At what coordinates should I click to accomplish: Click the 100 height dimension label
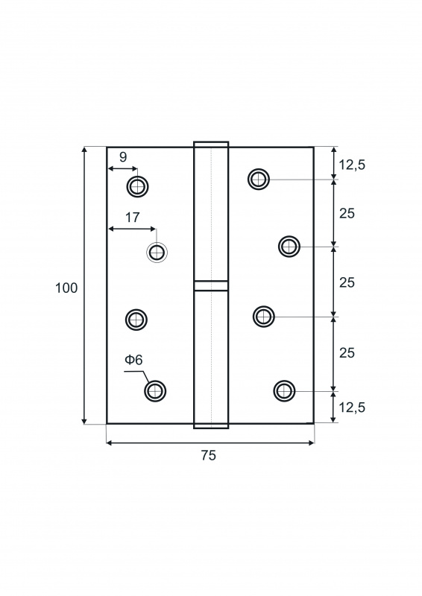click(x=66, y=288)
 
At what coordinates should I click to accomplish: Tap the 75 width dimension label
click(x=209, y=455)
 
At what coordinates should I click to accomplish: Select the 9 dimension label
click(x=123, y=157)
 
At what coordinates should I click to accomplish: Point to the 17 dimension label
click(x=133, y=218)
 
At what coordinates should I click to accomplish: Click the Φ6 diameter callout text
click(x=133, y=360)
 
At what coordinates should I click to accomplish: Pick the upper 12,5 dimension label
click(x=352, y=165)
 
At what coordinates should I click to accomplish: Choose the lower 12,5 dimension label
click(x=352, y=408)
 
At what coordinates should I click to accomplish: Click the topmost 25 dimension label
click(x=347, y=214)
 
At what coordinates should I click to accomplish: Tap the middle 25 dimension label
click(x=347, y=283)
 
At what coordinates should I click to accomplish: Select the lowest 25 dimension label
click(x=347, y=353)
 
